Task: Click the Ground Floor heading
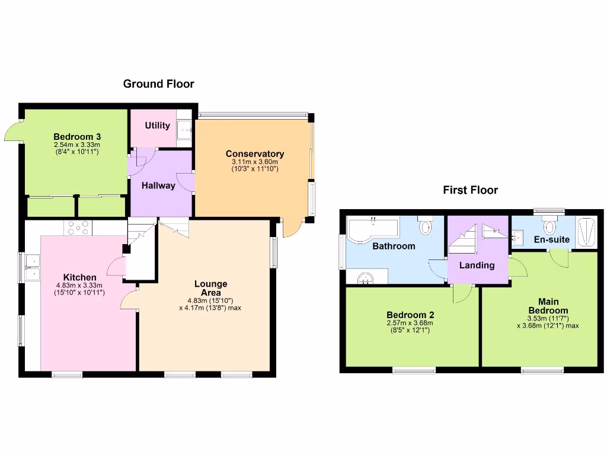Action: pyautogui.click(x=158, y=84)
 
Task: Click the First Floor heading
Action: pyautogui.click(x=470, y=190)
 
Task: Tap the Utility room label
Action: pyautogui.click(x=157, y=126)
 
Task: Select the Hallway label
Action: pyautogui.click(x=158, y=185)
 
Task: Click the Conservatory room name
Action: pyautogui.click(x=254, y=154)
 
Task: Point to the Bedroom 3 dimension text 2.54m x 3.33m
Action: pyautogui.click(x=76, y=145)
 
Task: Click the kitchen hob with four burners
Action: pyautogui.click(x=78, y=227)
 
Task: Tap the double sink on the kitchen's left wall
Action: pyautogui.click(x=32, y=267)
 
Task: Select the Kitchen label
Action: pyautogui.click(x=80, y=277)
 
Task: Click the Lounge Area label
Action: pyautogui.click(x=210, y=289)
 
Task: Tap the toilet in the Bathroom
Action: pyautogui.click(x=426, y=226)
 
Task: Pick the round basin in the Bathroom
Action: pyautogui.click(x=366, y=277)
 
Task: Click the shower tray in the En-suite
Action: pyautogui.click(x=587, y=232)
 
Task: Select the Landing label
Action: pyautogui.click(x=477, y=265)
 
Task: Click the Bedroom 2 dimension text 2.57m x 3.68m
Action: pyautogui.click(x=410, y=323)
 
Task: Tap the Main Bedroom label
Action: pyautogui.click(x=548, y=306)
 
